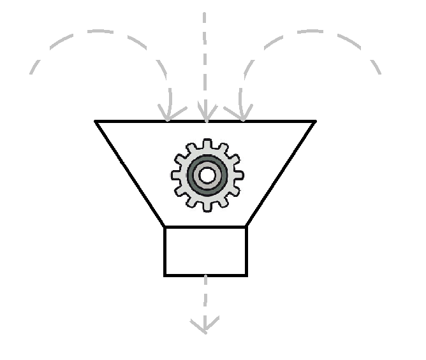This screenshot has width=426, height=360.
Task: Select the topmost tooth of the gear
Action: click(x=207, y=143)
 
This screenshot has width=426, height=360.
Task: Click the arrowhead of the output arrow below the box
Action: click(x=205, y=329)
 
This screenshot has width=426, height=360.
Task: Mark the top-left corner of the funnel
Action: click(x=96, y=121)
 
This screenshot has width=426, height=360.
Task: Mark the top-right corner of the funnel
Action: click(x=314, y=121)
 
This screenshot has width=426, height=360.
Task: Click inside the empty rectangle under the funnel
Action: click(x=205, y=251)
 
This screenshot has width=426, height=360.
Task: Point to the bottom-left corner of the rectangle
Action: click(x=165, y=275)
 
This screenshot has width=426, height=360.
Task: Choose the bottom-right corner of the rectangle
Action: click(x=246, y=275)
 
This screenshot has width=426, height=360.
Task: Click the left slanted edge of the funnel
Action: click(x=131, y=173)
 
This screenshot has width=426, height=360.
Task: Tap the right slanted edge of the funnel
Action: click(x=280, y=173)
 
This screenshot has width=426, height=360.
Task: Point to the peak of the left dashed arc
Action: click(x=99, y=31)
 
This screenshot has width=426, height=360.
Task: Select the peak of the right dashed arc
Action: click(x=312, y=31)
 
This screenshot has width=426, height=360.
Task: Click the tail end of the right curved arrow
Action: click(x=381, y=73)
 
